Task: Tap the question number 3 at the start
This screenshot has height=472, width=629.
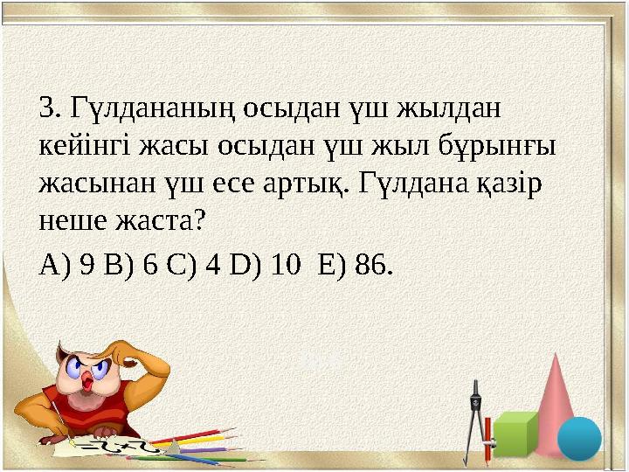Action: click(48, 110)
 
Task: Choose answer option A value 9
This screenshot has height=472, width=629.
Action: click(86, 265)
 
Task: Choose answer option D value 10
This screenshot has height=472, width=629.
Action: click(280, 265)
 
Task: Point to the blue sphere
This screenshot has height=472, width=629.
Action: click(579, 437)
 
